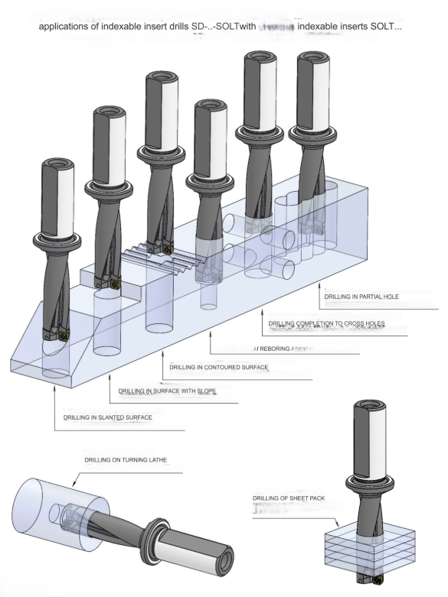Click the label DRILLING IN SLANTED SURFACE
(x=107, y=418)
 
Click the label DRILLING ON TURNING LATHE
(x=127, y=460)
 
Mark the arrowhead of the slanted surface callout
(x=55, y=387)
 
